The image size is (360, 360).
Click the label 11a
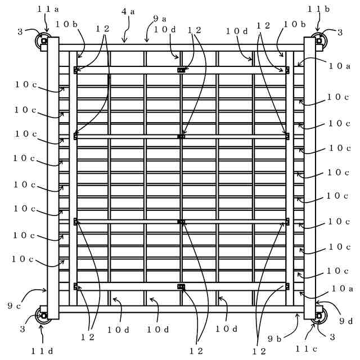tap(48, 8)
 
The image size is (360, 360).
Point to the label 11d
tap(42, 351)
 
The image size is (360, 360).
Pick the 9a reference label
tap(159, 19)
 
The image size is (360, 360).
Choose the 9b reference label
tap(275, 339)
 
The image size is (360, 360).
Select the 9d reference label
tap(346, 321)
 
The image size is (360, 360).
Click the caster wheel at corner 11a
tap(43, 40)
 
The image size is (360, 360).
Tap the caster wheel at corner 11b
tap(319, 40)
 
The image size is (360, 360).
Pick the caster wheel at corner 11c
tap(319, 316)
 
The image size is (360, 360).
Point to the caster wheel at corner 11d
tap(43, 316)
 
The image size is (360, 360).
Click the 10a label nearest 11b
tap(340, 66)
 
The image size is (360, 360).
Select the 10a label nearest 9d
tap(342, 289)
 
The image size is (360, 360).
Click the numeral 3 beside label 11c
tap(332, 337)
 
